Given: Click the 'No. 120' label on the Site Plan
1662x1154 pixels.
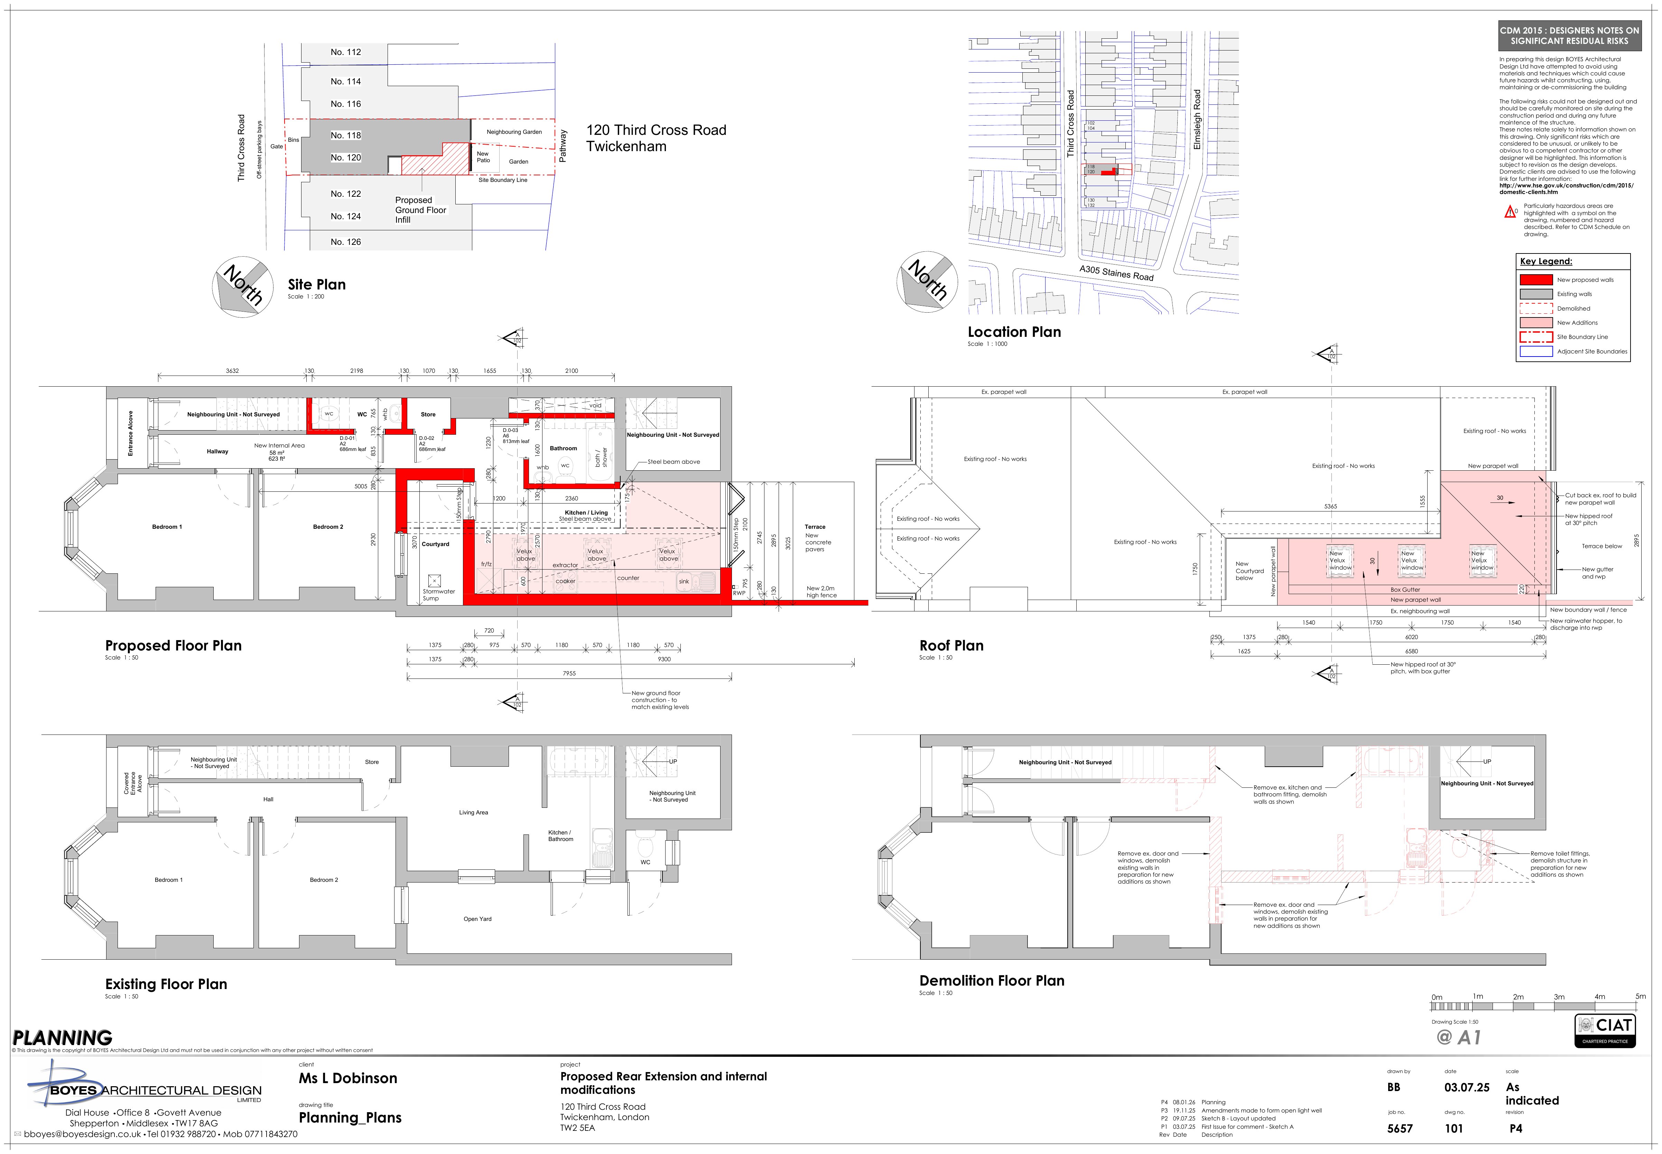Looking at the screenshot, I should click(345, 158).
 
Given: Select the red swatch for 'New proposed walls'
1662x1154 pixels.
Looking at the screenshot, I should click(1535, 280).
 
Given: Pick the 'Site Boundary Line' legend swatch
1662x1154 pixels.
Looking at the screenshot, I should click(1535, 337).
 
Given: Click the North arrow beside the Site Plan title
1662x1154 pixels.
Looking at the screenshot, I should click(242, 286).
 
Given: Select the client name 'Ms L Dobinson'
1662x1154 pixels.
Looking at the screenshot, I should click(348, 1078).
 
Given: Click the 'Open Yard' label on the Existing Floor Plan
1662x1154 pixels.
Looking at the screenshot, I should click(477, 919).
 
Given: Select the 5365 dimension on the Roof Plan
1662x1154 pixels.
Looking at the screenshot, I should click(1330, 506).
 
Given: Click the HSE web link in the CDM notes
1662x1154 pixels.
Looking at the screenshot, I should click(1565, 189).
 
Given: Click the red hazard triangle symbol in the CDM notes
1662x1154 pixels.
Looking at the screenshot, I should click(1510, 212).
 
